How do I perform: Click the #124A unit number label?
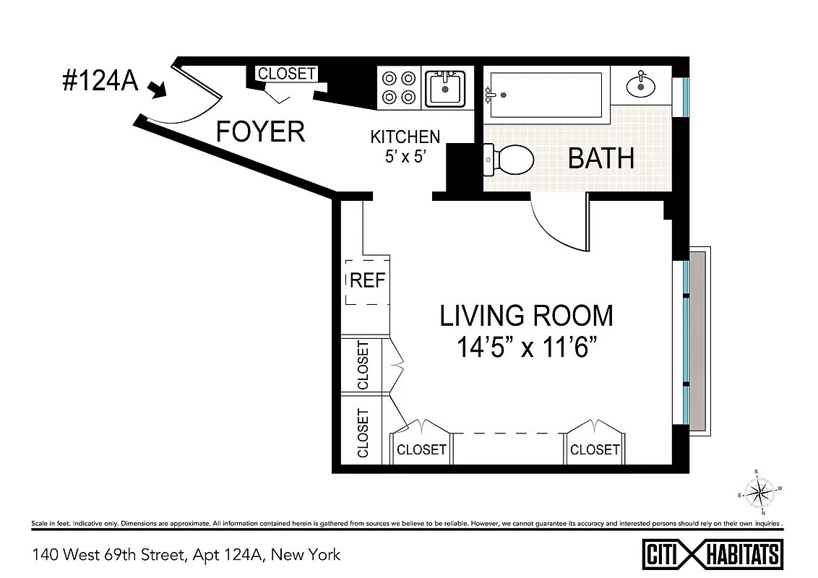tap(100, 82)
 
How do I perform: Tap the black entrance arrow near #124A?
tap(157, 90)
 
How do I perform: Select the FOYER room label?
tap(261, 132)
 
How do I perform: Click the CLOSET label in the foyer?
tap(287, 74)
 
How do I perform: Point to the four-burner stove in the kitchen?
tap(399, 87)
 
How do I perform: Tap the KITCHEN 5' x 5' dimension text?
tap(405, 146)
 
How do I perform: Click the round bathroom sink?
tap(641, 86)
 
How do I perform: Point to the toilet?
tap(509, 159)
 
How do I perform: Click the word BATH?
tap(600, 158)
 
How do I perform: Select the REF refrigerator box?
tap(368, 281)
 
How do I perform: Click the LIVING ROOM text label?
tap(527, 316)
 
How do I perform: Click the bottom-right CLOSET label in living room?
tap(595, 449)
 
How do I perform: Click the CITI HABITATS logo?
tap(712, 554)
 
